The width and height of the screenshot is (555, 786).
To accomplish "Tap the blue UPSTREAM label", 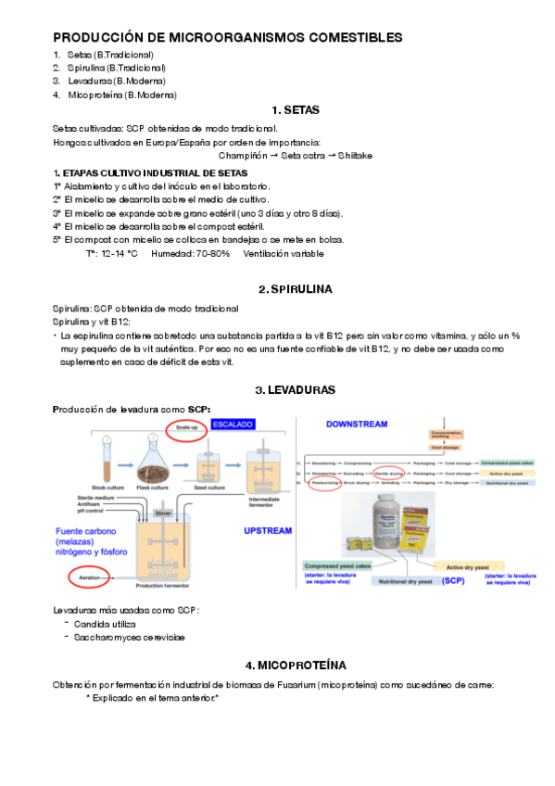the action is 268,531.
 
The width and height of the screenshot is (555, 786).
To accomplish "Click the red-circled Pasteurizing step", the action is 325,483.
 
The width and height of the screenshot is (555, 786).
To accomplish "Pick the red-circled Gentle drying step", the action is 387,472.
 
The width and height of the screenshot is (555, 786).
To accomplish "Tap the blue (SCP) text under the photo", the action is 452,580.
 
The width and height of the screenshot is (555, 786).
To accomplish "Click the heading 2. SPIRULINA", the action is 296,289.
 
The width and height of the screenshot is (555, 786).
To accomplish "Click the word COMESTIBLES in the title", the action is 345,38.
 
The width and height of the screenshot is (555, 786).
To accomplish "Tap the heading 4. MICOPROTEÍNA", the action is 296,666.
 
